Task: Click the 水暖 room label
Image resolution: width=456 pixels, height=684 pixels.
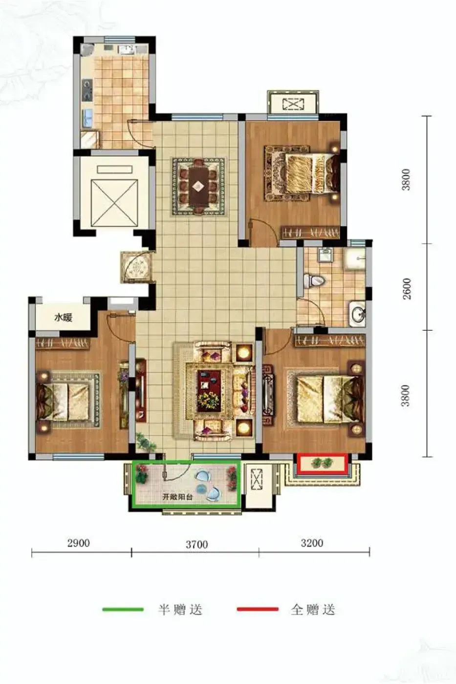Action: click(x=63, y=318)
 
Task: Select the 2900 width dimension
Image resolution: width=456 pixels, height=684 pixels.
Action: click(x=79, y=543)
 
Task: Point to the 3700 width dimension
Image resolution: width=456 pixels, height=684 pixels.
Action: click(x=196, y=544)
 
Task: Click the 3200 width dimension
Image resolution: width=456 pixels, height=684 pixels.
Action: click(x=312, y=543)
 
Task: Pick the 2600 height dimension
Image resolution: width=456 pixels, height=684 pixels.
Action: click(x=407, y=289)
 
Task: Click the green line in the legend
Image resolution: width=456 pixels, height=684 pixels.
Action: click(x=123, y=610)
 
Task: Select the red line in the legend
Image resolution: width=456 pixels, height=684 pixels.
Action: click(x=258, y=609)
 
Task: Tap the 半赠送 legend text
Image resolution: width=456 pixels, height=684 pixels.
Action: click(x=180, y=610)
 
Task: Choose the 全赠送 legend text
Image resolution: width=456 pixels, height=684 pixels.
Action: click(x=313, y=610)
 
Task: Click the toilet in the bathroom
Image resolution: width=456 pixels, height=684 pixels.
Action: click(x=314, y=280)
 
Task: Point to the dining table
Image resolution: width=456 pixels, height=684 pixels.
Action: click(x=199, y=186)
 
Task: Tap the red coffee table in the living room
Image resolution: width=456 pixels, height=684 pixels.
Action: click(x=209, y=390)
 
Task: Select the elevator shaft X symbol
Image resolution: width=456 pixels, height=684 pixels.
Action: click(x=114, y=203)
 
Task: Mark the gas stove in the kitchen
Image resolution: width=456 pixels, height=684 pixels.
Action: click(x=87, y=89)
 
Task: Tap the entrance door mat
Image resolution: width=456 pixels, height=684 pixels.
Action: click(x=136, y=267)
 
